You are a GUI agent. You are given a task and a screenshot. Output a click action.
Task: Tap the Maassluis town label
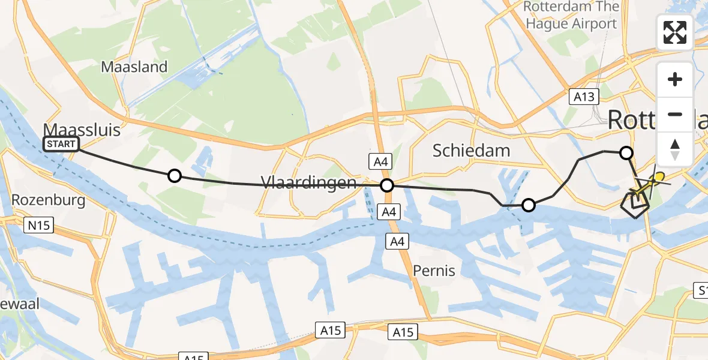pos(82,129)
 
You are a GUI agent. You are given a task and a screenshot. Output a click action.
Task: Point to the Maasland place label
pos(134,67)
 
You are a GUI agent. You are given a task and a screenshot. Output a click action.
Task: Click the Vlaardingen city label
pos(308,182)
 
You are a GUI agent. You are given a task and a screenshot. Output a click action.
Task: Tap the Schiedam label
pos(472,151)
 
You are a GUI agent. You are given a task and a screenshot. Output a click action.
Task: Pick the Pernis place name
pos(434,271)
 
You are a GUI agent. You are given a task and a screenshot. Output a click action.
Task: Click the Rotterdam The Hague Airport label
pos(570,16)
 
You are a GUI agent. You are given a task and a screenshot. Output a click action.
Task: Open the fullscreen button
pos(675,32)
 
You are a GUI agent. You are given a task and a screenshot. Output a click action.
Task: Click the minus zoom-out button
pos(675,114)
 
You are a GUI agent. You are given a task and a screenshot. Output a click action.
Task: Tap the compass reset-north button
pos(675,149)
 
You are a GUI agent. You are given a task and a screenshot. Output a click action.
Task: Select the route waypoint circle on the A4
pos(387,185)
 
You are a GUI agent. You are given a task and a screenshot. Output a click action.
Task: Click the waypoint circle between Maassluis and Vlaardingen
pos(174,176)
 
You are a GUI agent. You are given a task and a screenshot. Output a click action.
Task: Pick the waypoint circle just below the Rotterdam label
pos(626,153)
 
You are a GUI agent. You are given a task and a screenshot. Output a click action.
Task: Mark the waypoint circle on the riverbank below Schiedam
pos(528,205)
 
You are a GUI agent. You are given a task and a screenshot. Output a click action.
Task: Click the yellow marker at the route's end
pos(659,176)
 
